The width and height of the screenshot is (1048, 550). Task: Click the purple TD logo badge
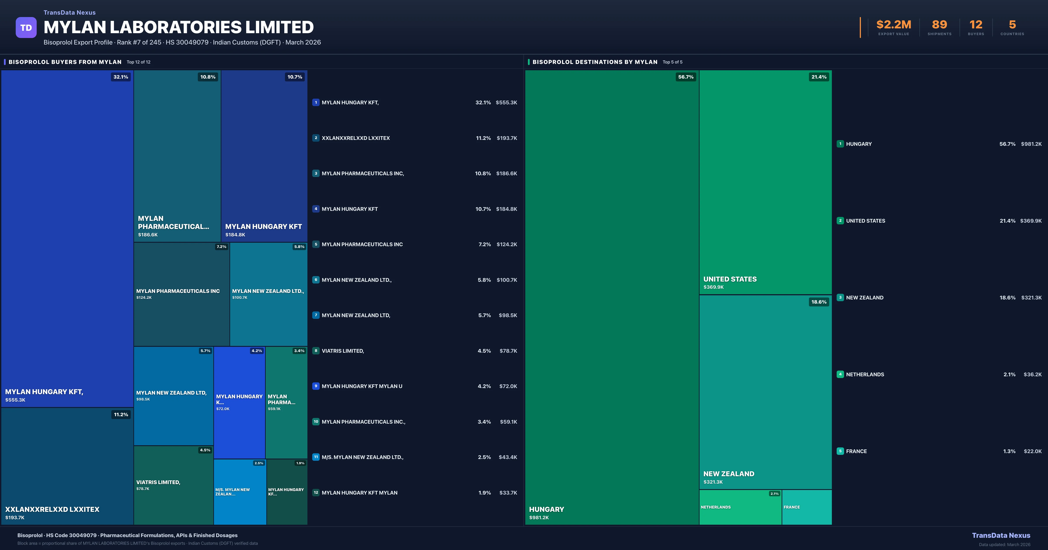26,28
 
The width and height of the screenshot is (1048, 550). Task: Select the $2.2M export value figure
893,25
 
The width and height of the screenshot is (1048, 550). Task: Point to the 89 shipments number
939,25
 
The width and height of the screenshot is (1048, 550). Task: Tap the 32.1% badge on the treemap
121,77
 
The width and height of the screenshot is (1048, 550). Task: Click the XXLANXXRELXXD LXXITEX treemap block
67,466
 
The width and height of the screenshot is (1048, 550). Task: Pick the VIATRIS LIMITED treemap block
173,485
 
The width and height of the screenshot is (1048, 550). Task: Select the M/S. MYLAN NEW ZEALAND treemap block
240,492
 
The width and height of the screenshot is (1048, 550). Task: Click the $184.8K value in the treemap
235,235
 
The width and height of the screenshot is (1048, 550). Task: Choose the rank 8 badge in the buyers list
316,351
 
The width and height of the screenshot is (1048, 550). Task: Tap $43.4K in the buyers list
508,457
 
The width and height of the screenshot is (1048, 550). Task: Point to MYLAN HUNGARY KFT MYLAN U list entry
362,386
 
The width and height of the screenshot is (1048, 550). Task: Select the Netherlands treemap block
740,507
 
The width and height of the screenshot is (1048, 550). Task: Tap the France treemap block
806,507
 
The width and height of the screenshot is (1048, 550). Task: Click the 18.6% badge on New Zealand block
819,302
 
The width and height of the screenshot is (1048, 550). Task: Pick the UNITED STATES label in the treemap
730,279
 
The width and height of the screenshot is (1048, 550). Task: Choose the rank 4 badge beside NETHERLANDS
840,374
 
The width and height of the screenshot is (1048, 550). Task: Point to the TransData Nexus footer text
1001,535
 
